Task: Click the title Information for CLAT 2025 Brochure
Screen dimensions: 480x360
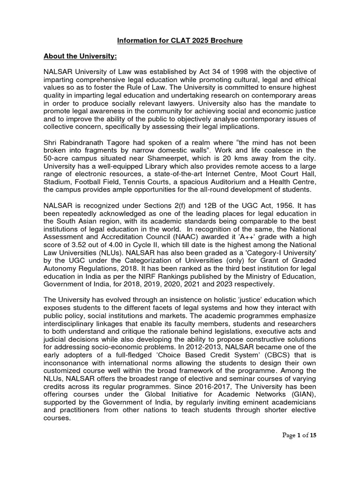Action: point(180,41)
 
